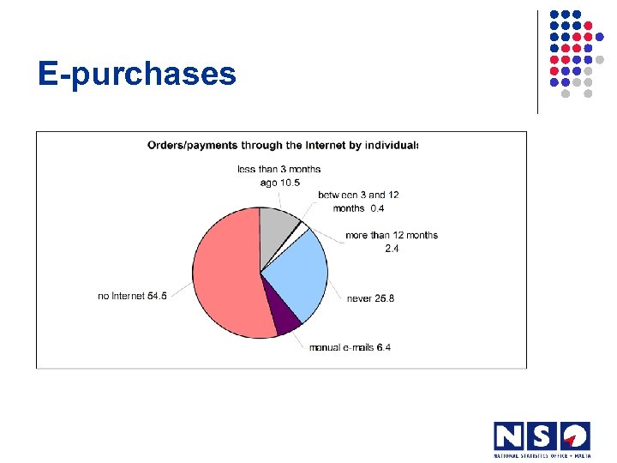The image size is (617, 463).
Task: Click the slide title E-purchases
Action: click(x=136, y=75)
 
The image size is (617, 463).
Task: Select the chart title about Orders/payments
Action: click(x=283, y=146)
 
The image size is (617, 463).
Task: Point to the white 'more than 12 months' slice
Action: click(x=303, y=230)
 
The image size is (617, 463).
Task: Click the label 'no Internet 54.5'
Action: click(x=132, y=296)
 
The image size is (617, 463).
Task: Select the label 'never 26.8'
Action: click(x=370, y=298)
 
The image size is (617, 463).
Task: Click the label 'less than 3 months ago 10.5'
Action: click(x=279, y=175)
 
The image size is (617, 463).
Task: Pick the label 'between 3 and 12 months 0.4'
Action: click(x=358, y=201)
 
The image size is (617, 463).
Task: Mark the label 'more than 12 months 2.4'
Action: click(x=392, y=242)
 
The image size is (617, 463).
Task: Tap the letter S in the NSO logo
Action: click(x=542, y=436)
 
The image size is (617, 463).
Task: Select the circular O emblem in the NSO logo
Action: click(x=576, y=436)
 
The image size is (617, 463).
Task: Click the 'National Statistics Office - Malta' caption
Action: click(x=542, y=454)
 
